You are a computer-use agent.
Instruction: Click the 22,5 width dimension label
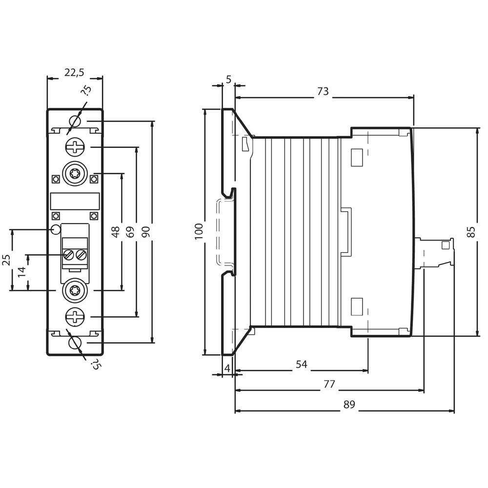coord(74,72)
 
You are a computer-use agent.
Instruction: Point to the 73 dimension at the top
coord(323,91)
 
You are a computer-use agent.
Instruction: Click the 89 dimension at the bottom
coord(348,405)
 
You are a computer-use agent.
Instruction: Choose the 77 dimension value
coord(329,384)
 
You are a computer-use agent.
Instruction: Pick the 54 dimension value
coord(301,365)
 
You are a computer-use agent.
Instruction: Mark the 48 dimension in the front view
coord(116,231)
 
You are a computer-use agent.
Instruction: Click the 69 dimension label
coord(130,231)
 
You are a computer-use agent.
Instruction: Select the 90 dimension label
coord(145,231)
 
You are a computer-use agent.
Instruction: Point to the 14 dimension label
coord(21,272)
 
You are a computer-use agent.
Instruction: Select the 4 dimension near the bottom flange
coord(227,368)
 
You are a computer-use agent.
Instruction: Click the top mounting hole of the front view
coord(75,121)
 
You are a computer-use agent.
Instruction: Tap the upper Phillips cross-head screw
coord(75,146)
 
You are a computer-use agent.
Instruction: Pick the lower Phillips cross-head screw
coord(75,317)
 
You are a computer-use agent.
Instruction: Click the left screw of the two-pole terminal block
coord(69,254)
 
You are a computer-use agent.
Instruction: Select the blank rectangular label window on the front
coord(75,201)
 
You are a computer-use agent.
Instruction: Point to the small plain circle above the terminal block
coord(56,229)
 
